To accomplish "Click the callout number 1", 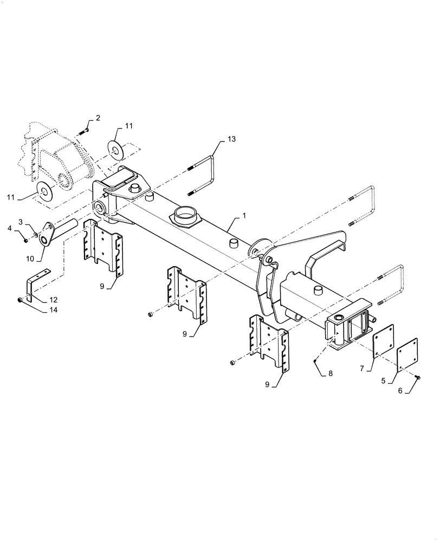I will click(244, 216).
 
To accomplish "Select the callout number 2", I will click(98, 118).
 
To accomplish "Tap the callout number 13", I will click(231, 140).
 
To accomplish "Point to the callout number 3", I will click(20, 222).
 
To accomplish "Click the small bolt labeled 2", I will click(86, 130).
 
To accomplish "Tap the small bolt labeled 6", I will click(419, 377).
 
